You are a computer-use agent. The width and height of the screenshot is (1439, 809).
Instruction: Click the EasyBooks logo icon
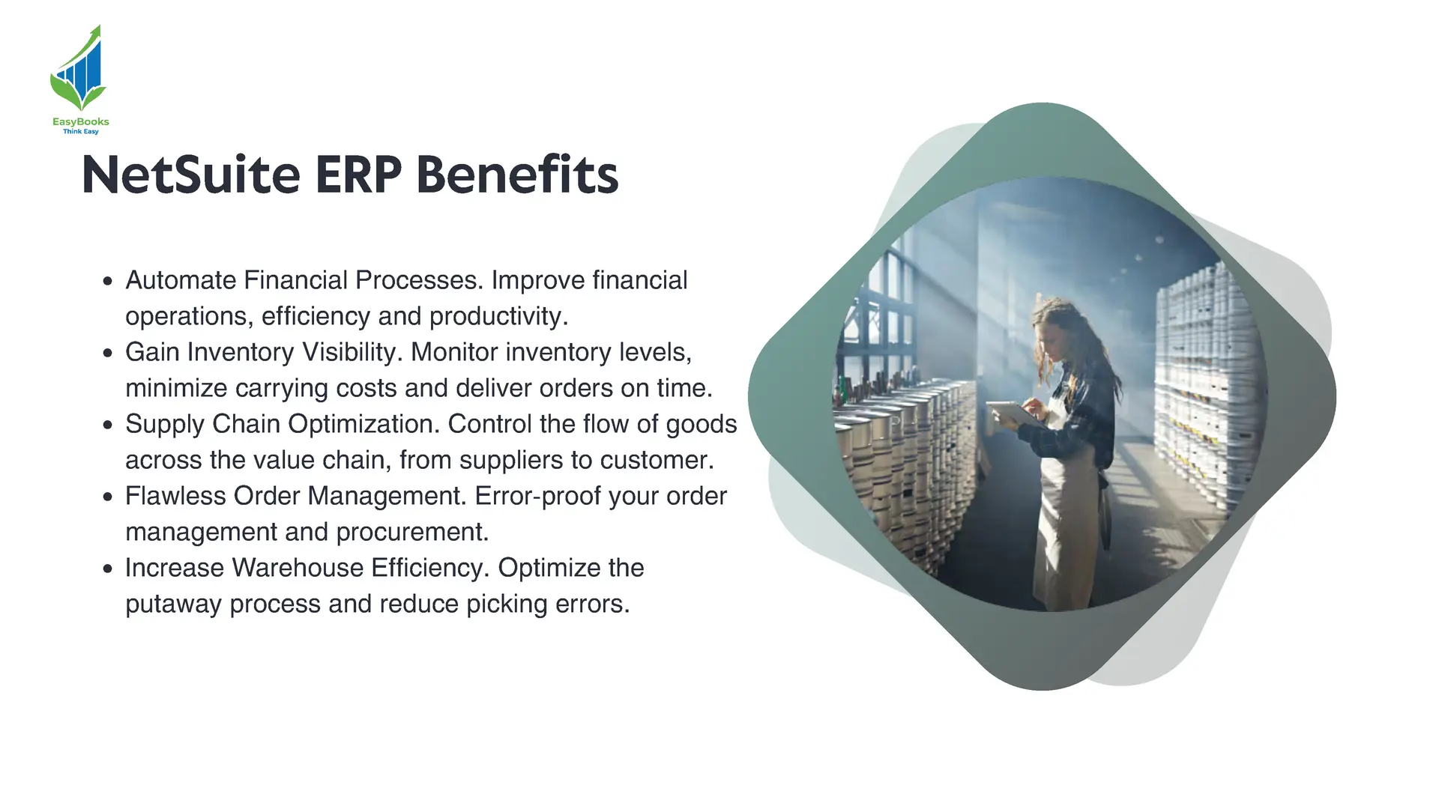(x=78, y=69)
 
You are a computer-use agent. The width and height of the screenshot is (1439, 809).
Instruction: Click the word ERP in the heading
(x=358, y=175)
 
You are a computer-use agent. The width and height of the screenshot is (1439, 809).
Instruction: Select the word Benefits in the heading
(x=517, y=175)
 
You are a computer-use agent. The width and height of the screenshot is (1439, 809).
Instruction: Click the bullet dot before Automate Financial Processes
(x=108, y=282)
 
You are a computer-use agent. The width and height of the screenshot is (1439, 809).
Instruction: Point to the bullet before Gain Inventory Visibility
(x=108, y=354)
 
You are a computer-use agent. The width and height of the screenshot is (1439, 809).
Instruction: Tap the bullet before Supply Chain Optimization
(x=108, y=425)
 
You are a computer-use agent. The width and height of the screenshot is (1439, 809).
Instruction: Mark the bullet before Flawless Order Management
(x=108, y=497)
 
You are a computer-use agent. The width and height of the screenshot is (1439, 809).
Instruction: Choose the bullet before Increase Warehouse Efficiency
(x=108, y=569)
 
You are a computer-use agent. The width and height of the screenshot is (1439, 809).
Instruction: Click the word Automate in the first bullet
(x=181, y=280)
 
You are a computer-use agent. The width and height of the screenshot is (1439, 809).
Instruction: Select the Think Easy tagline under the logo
(x=81, y=132)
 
